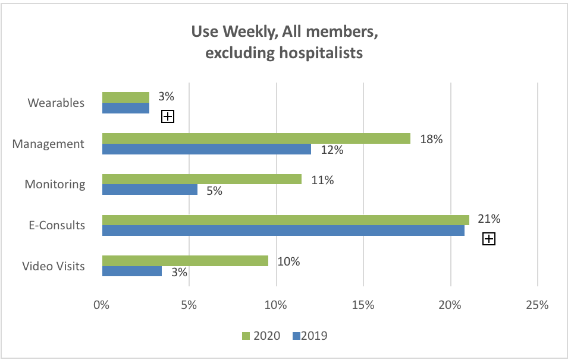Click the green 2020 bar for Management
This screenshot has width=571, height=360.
256,138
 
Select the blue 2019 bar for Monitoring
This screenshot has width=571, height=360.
149,190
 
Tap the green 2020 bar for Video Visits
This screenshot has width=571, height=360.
185,261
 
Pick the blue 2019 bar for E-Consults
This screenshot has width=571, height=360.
283,230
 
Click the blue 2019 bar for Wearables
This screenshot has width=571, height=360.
126,108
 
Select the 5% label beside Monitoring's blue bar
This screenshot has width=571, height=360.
214,191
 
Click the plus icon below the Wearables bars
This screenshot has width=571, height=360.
168,116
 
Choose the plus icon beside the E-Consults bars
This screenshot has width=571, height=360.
489,239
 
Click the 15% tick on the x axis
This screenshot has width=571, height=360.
363,305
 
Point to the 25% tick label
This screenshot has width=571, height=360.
537,305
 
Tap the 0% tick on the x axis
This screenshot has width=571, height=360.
102,305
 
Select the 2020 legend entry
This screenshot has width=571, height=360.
261,336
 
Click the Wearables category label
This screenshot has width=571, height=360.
56,103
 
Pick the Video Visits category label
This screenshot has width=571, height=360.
54,266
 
